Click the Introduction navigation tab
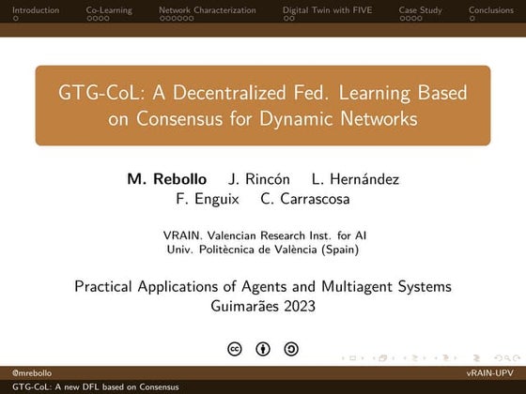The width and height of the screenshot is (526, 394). coord(29,9)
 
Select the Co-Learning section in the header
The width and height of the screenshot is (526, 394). coord(109,9)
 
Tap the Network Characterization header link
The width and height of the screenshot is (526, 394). coord(207,9)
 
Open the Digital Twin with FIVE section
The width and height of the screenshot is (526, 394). coord(328,9)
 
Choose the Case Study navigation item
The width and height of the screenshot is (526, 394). coord(421,9)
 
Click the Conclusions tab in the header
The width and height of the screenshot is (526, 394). coord(491,9)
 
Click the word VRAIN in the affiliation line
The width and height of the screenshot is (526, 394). coord(180,236)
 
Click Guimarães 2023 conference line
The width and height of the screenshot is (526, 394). coord(262,305)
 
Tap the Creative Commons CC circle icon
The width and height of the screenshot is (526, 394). coord(235,349)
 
